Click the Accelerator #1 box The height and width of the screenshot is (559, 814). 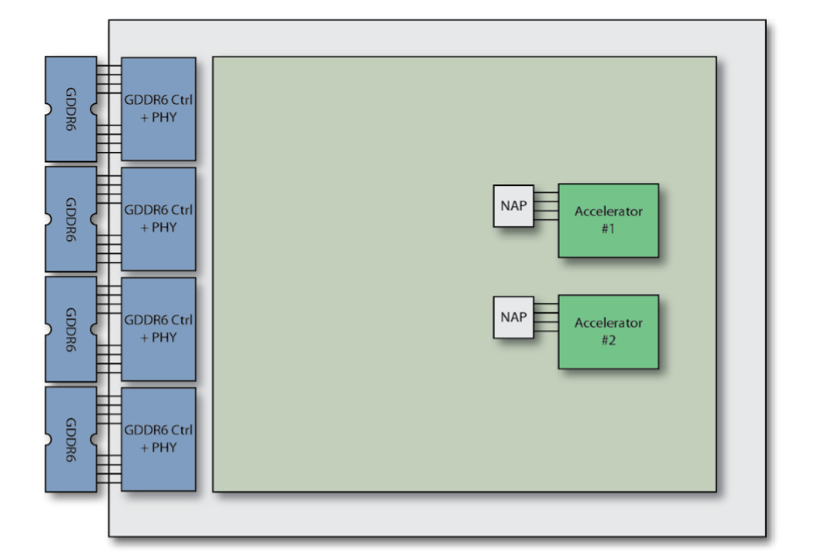[609, 220]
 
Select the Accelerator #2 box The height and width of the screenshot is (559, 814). [609, 332]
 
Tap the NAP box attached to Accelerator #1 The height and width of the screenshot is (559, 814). [513, 206]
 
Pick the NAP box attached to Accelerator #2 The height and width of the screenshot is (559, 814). [513, 317]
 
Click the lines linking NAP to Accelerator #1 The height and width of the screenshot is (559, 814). [546, 206]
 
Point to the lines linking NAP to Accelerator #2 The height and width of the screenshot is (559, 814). [546, 317]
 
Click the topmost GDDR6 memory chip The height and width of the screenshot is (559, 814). [71, 109]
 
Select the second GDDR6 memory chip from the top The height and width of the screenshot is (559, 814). [71, 219]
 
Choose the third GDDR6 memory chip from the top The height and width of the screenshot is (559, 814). [71, 329]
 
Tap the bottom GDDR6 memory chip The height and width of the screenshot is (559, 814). [71, 439]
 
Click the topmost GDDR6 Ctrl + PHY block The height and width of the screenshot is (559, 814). [158, 109]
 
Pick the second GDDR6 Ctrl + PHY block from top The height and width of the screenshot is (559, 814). [158, 219]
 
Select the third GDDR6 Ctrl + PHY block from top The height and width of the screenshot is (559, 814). [158, 329]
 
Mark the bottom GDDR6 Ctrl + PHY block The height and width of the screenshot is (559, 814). [158, 439]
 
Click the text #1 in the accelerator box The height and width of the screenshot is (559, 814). [608, 229]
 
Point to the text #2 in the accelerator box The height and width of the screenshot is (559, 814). [609, 340]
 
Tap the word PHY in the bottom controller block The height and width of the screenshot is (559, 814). [164, 447]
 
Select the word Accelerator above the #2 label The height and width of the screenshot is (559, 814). [609, 323]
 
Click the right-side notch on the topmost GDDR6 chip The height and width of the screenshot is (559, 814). [94, 109]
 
